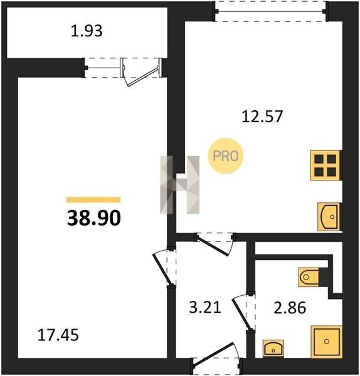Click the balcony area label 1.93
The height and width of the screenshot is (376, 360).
87,31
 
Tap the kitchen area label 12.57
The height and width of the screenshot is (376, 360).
262,117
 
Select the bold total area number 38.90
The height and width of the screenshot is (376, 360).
94,218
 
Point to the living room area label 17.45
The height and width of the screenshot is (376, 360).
58,335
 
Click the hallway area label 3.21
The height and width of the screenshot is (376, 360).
205,308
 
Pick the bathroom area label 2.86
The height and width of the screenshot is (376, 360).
290,308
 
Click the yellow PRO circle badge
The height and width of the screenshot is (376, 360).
226,156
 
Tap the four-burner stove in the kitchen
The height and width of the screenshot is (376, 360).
326,165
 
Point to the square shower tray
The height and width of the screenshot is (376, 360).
326,342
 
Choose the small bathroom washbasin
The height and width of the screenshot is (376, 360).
273,348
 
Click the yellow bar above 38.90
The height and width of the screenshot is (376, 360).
93,200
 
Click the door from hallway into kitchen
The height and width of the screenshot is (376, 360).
214,244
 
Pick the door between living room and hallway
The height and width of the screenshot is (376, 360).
164,267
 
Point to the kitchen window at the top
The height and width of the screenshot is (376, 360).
270,11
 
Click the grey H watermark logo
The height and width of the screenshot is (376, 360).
180,185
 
